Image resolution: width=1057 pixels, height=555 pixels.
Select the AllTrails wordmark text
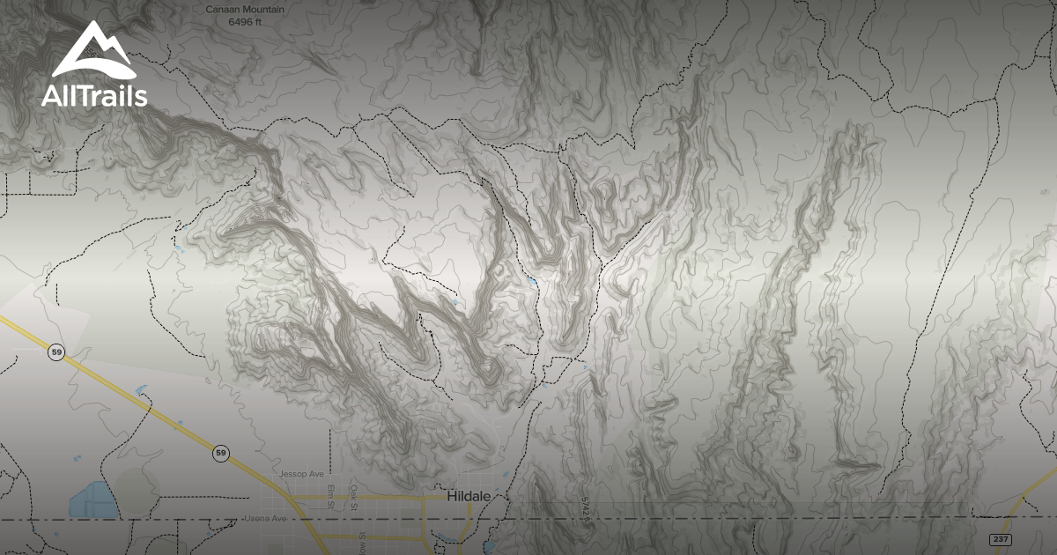pos(94,96)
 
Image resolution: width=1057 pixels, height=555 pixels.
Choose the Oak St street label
pos(354,498)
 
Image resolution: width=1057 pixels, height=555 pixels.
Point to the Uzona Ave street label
pos(267,518)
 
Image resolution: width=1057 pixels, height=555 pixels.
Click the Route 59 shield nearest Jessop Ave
pos(220,454)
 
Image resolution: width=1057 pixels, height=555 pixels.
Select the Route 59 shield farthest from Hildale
pos(57,352)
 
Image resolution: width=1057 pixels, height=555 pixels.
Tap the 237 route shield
pos(1000,538)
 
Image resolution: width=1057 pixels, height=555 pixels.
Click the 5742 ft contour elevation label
pos(584,509)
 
